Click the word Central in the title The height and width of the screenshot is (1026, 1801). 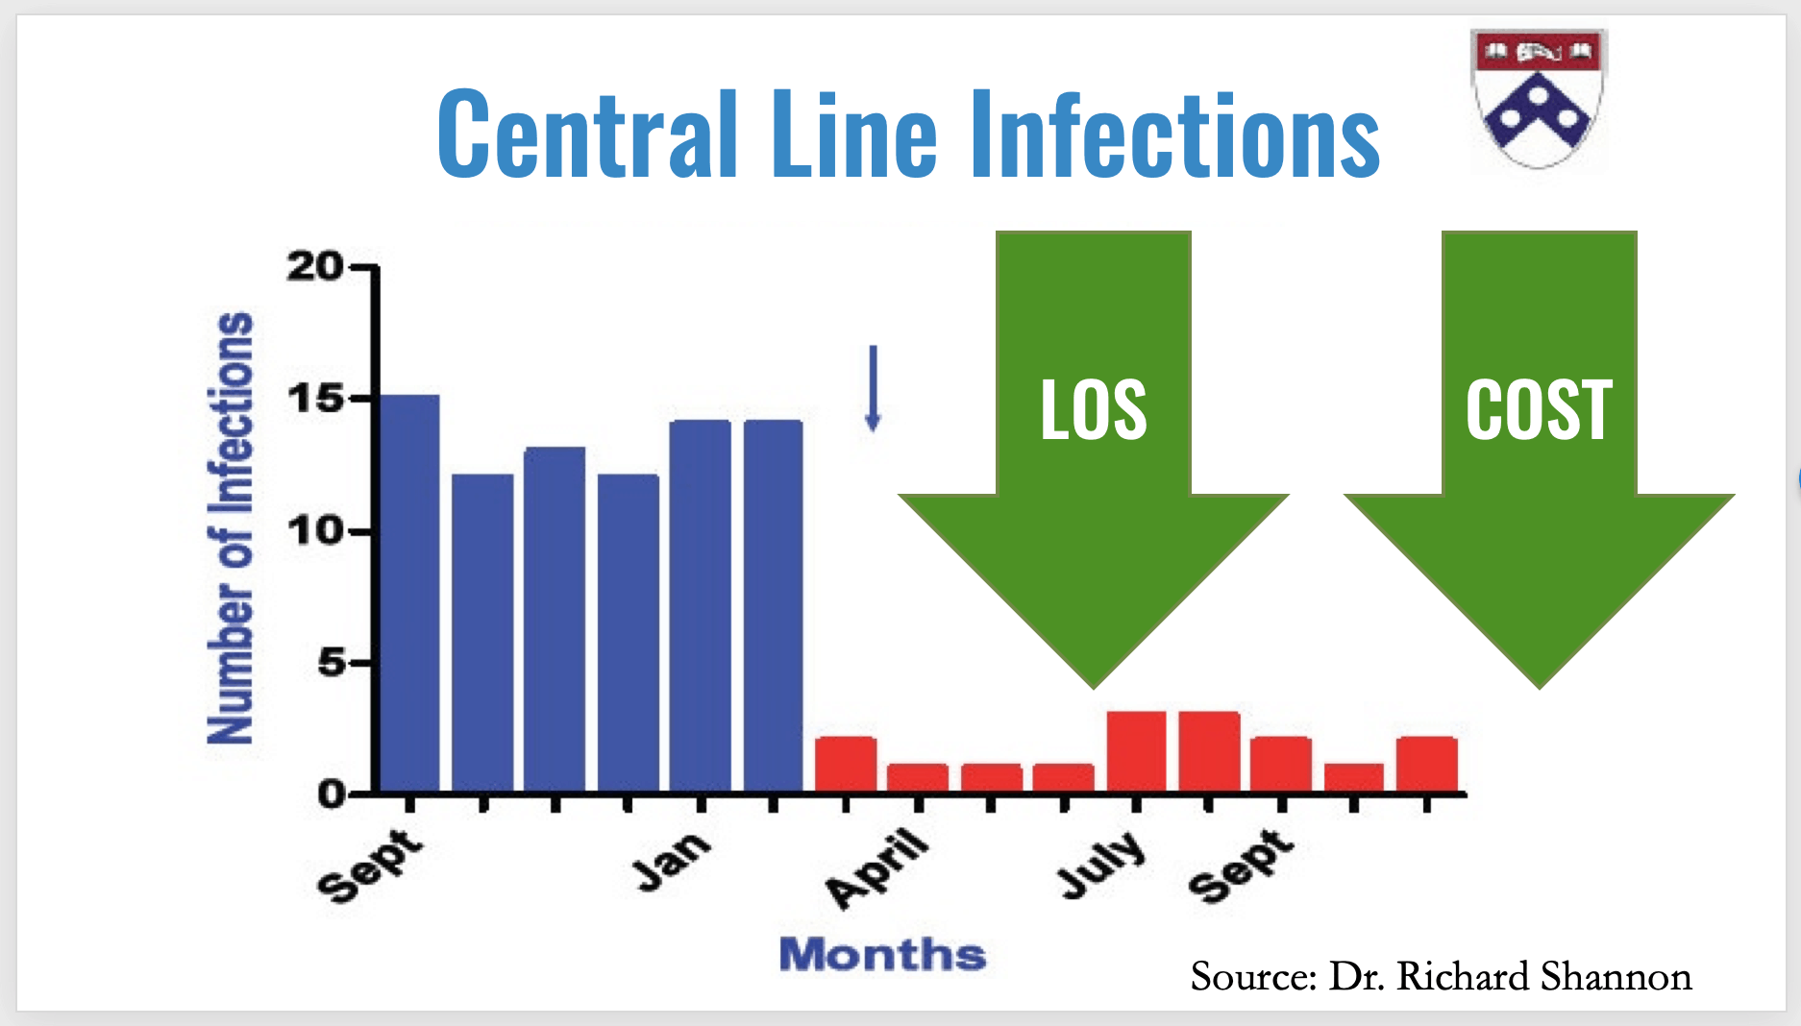[x=587, y=134]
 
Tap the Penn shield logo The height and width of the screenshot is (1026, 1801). [x=1538, y=99]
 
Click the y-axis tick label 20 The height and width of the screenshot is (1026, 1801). [x=314, y=267]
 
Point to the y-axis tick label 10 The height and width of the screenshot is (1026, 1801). [x=314, y=530]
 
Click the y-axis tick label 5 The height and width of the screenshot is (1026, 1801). [x=331, y=662]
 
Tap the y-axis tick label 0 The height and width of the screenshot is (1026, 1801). [x=331, y=794]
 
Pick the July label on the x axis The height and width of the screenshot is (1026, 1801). [x=1101, y=865]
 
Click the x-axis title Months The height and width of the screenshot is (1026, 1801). [x=882, y=955]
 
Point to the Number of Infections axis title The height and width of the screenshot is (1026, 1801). [x=231, y=528]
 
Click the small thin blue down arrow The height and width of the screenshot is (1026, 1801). [x=873, y=388]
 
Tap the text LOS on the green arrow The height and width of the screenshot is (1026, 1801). [x=1094, y=410]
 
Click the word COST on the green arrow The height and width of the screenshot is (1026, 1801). [x=1539, y=410]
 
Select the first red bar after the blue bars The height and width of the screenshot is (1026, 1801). [x=845, y=765]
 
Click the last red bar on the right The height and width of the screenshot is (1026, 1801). [x=1427, y=765]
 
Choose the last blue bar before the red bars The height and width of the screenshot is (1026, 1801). [x=773, y=606]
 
